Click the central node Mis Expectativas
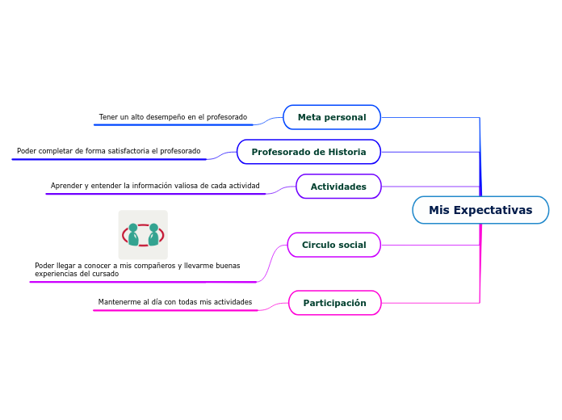click(480, 210)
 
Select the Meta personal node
click(332, 117)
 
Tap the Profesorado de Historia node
click(308, 152)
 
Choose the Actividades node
click(338, 187)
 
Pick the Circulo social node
click(334, 245)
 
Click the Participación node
click(335, 303)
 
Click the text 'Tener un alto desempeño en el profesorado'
click(173, 117)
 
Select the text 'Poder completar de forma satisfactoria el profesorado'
click(108, 151)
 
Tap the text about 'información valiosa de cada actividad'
click(155, 186)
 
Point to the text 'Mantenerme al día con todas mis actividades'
click(175, 302)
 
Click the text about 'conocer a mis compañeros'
click(137, 269)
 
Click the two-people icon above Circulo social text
click(143, 235)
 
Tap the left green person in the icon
click(133, 235)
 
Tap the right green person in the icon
click(153, 235)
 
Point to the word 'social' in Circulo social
click(352, 245)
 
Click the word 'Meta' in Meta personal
click(308, 117)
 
